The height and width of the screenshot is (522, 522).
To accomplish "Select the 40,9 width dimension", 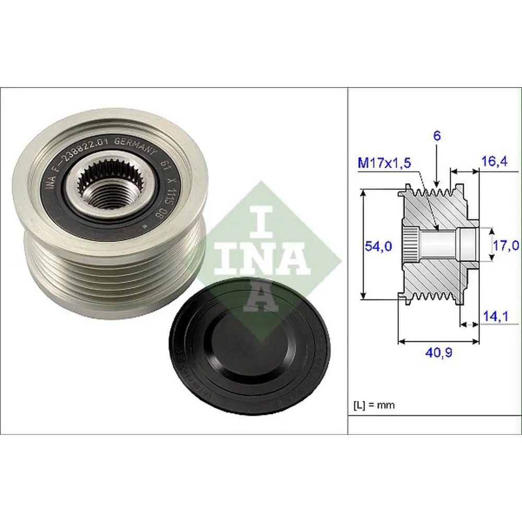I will pos(438,353).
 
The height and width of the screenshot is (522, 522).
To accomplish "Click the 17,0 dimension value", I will pos(505,245).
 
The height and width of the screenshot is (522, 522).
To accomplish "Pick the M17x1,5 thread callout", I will pos(384,163).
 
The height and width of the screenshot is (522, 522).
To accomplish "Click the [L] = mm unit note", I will pos(375,405).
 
